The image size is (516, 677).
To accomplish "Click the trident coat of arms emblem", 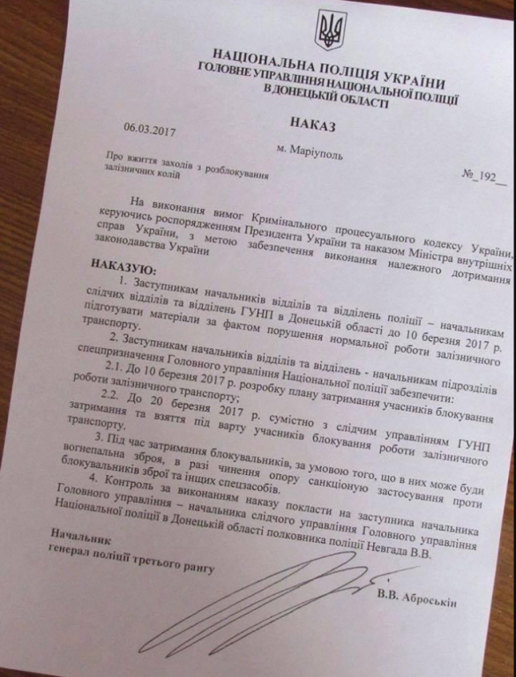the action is point(330,30).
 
